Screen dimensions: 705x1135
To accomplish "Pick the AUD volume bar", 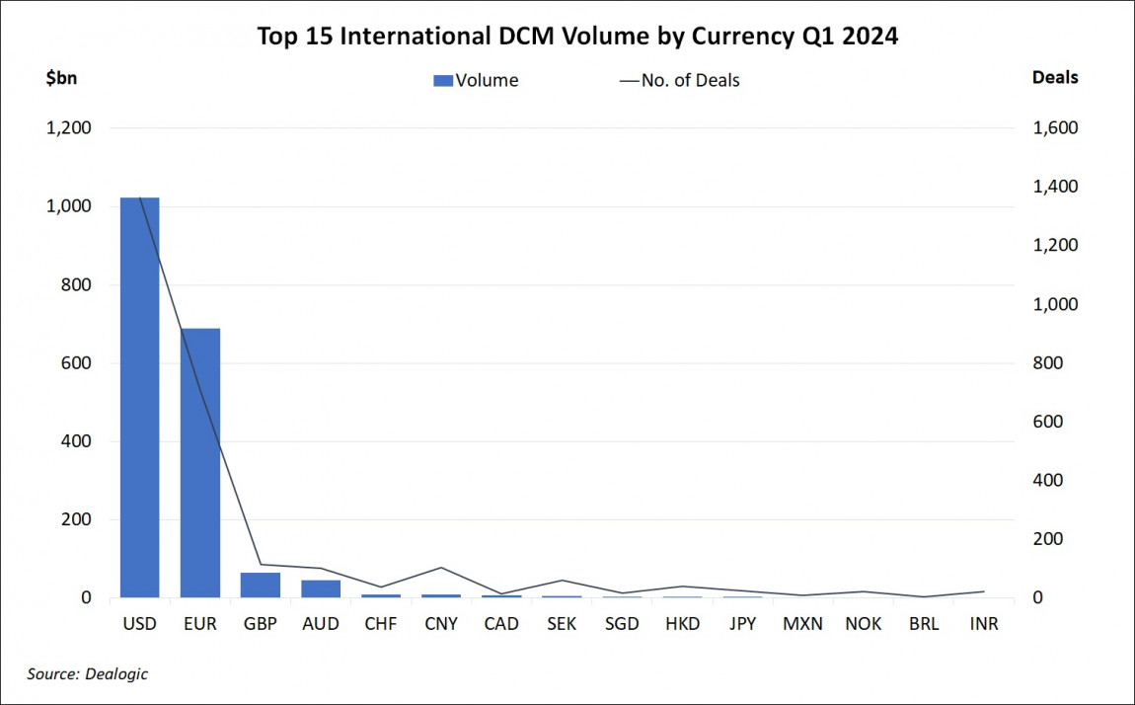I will pyautogui.click(x=321, y=588).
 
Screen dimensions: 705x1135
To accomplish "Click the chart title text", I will pyautogui.click(x=577, y=37).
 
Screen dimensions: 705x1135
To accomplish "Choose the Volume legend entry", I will pyautogui.click(x=476, y=81).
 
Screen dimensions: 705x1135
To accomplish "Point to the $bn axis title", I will pyautogui.click(x=62, y=78).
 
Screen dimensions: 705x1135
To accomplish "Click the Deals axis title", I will pyautogui.click(x=1054, y=77).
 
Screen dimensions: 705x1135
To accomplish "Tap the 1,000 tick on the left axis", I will pyautogui.click(x=70, y=206).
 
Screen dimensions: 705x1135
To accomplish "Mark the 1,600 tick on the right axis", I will pyautogui.click(x=1055, y=128).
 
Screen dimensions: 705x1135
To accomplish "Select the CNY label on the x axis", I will pyautogui.click(x=441, y=624).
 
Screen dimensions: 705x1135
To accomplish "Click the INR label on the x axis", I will pyautogui.click(x=983, y=624).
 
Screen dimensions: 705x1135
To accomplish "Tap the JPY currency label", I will pyautogui.click(x=742, y=624).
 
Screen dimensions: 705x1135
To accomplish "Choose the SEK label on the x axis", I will pyautogui.click(x=562, y=624).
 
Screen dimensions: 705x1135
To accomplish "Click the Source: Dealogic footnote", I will pyautogui.click(x=88, y=673).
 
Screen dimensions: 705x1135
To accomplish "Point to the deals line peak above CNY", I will pyautogui.click(x=441, y=568).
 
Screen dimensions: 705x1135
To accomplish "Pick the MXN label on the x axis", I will pyautogui.click(x=802, y=624).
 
